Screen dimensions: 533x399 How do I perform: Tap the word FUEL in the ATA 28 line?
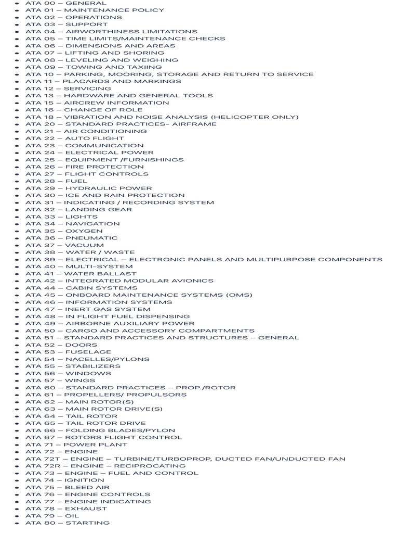point(76,181)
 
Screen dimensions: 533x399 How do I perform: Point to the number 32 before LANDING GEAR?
point(49,210)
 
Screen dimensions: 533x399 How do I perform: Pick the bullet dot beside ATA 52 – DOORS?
point(18,345)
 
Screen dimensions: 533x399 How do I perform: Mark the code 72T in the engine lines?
point(51,459)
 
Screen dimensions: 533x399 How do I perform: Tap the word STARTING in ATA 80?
point(87,523)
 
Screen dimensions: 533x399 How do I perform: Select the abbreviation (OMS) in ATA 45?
point(239,295)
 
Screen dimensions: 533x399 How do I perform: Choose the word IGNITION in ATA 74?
point(85,480)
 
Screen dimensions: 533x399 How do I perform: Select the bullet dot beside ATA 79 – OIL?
point(18,516)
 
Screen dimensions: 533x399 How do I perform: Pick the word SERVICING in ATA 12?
point(84,88)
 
